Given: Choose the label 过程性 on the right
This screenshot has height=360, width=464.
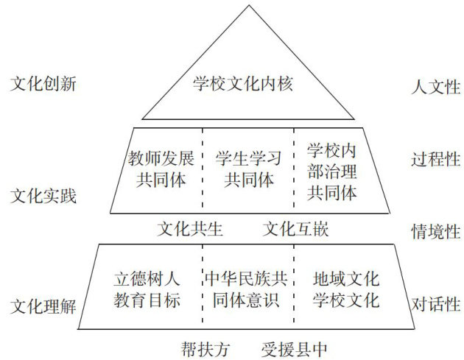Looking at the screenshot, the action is pos(435,159).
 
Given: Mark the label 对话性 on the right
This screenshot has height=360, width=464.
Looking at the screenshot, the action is pos(435,303).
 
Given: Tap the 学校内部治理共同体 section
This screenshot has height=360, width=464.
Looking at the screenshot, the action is pos(332,172).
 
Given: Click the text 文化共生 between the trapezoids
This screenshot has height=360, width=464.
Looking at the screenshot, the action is pos(190,230).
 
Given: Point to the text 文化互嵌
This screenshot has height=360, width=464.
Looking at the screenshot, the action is pos(296,230).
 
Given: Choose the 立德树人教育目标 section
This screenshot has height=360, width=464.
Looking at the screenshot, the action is pos(147,290).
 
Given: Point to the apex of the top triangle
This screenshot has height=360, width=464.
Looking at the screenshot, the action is pos(244,6).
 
